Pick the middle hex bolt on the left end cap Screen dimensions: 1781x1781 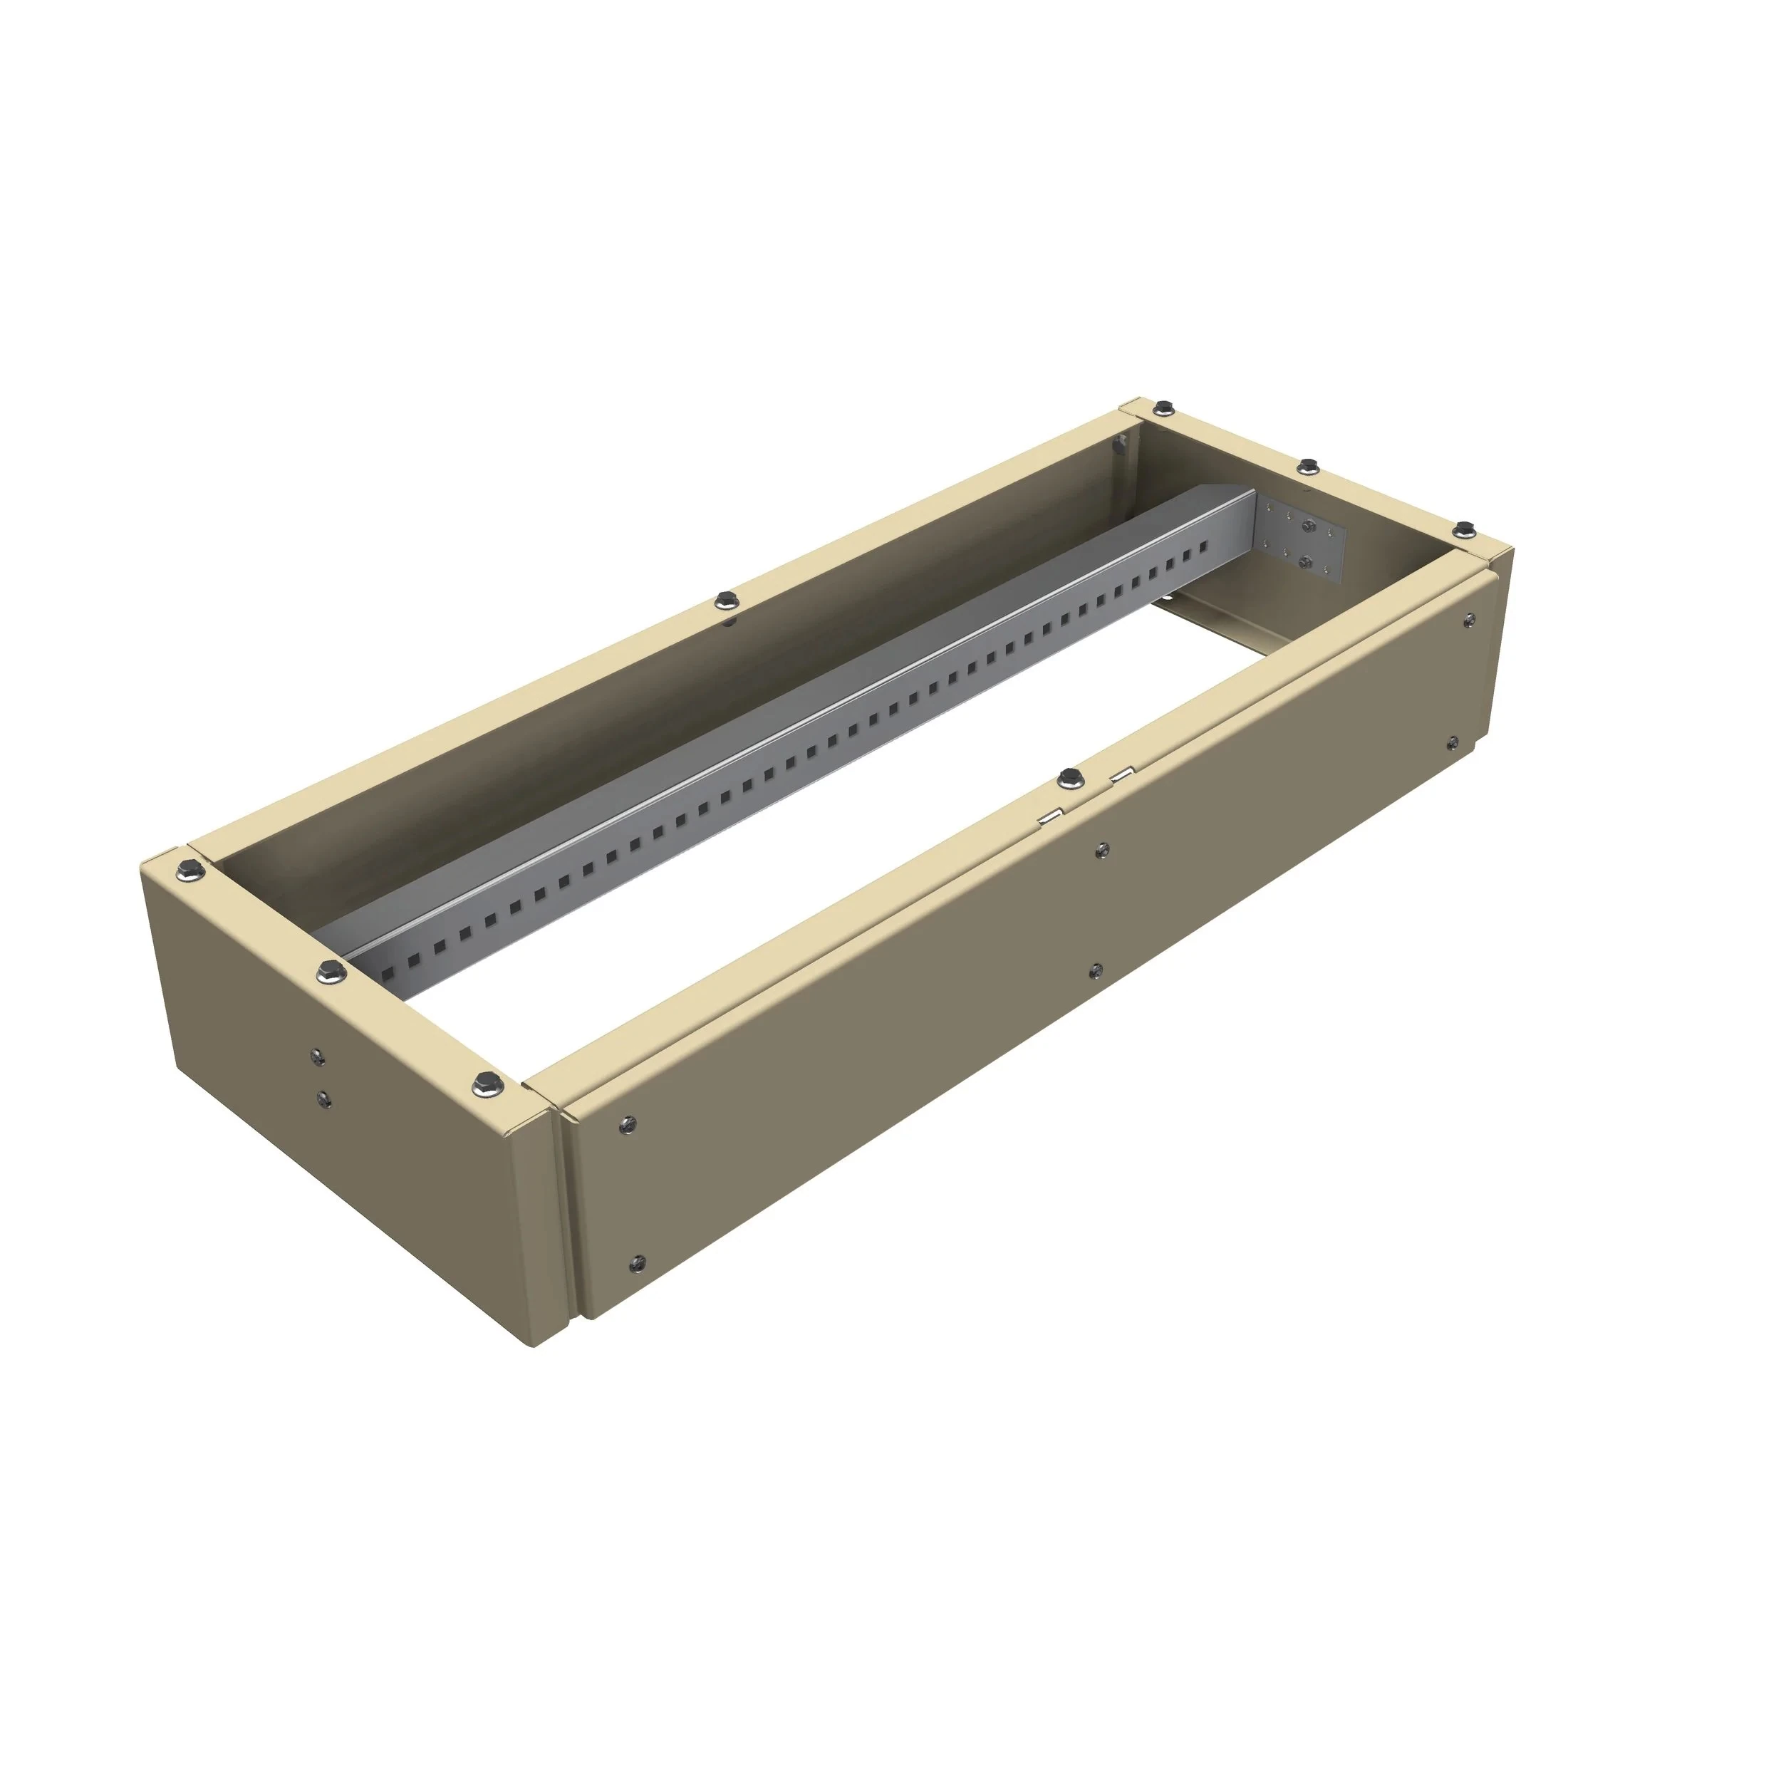pyautogui.click(x=329, y=971)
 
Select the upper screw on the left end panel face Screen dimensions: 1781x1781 pyautogui.click(x=317, y=1056)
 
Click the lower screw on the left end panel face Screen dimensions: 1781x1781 pyautogui.click(x=323, y=1098)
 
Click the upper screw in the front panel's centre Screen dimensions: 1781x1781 pyautogui.click(x=1103, y=849)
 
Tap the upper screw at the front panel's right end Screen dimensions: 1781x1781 pyautogui.click(x=1468, y=620)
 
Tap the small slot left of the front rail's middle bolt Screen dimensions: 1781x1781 pyautogui.click(x=1048, y=816)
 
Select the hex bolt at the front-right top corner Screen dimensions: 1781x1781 pyautogui.click(x=1464, y=528)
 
